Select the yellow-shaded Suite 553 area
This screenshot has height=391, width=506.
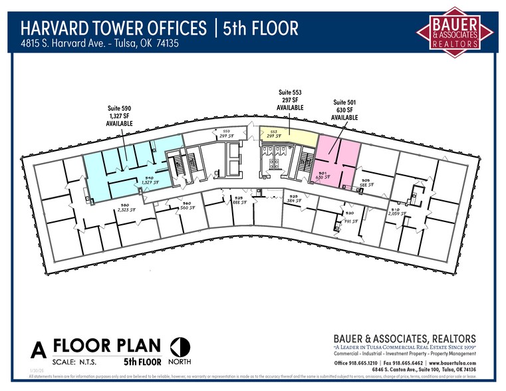click(288, 136)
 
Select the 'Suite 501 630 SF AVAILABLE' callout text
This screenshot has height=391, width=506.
click(344, 110)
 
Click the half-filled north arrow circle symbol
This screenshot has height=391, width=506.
click(180, 347)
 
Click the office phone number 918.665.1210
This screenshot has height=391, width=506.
click(368, 363)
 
